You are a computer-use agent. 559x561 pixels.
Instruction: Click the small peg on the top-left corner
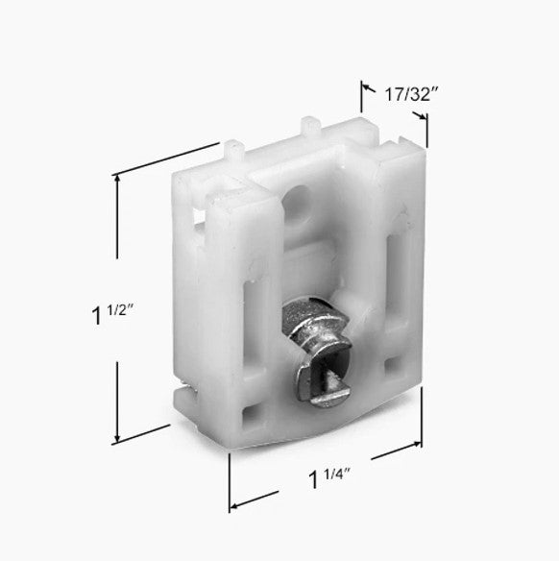pyautogui.click(x=233, y=150)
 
